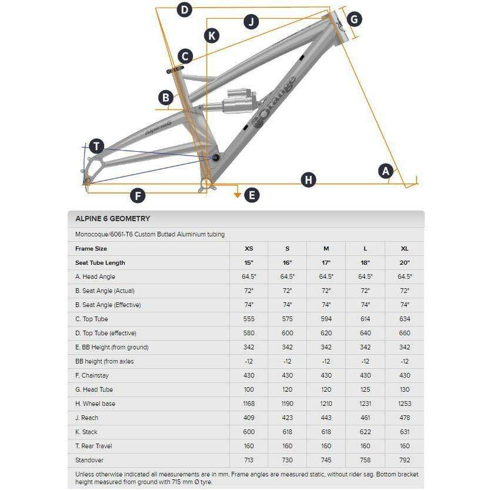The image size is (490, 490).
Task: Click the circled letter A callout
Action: pyautogui.click(x=385, y=171)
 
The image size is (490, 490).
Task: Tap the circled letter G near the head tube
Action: pyautogui.click(x=354, y=19)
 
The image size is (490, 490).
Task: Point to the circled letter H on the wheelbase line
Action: pyautogui.click(x=308, y=179)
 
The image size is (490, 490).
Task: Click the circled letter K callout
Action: pyautogui.click(x=212, y=35)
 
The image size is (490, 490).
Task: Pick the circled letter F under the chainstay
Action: pyautogui.click(x=138, y=196)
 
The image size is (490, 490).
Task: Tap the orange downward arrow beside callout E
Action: pyautogui.click(x=238, y=195)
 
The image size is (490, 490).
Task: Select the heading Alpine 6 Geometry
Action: pyautogui.click(x=112, y=218)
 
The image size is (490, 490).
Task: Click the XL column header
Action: pyautogui.click(x=404, y=249)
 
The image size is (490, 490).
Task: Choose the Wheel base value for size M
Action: pyautogui.click(x=326, y=404)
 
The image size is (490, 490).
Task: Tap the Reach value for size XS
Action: pyautogui.click(x=249, y=418)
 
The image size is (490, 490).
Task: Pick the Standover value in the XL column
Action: pyautogui.click(x=404, y=460)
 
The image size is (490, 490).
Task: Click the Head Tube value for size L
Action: pyautogui.click(x=365, y=390)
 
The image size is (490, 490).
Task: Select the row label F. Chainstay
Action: pyautogui.click(x=92, y=376)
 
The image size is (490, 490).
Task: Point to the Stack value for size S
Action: pyautogui.click(x=288, y=432)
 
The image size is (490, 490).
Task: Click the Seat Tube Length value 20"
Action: pyautogui.click(x=404, y=263)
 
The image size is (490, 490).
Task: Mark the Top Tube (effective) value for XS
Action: pyautogui.click(x=249, y=334)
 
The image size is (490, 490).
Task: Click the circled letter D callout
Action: pyautogui.click(x=185, y=9)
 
